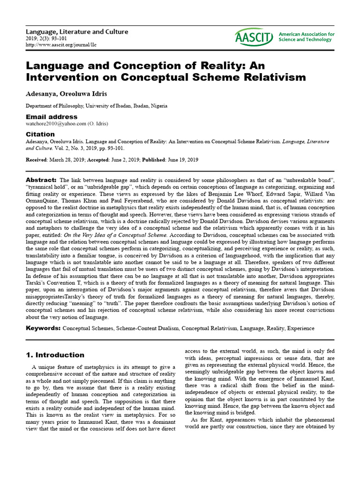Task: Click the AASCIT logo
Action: coord(254,37)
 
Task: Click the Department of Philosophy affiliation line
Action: coord(96,106)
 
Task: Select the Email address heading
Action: coord(51,117)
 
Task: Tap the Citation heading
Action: coord(40,134)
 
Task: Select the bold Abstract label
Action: coord(41,180)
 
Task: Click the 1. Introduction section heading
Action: coord(55,355)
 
